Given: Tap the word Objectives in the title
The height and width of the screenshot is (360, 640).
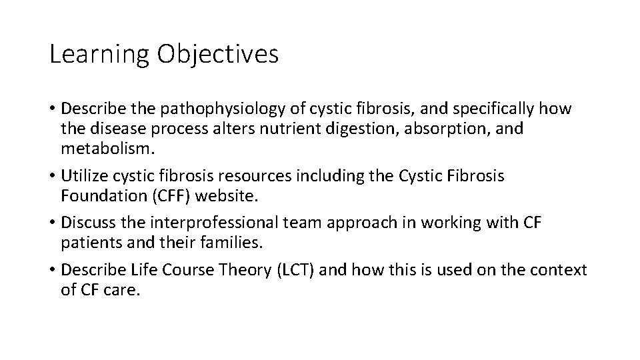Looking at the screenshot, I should pyautogui.click(x=218, y=55).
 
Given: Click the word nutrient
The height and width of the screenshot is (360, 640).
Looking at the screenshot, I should pyautogui.click(x=292, y=128).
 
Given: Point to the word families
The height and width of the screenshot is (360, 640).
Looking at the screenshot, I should pyautogui.click(x=227, y=243).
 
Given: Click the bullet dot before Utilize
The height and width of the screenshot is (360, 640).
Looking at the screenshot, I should pyautogui.click(x=53, y=177).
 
